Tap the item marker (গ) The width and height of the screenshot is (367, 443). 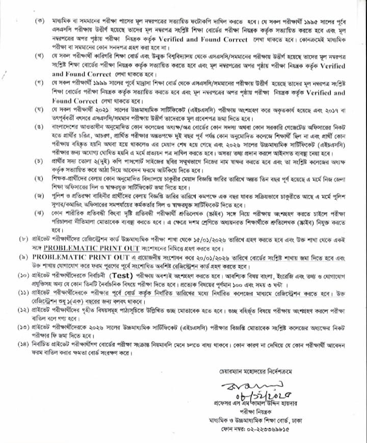pyautogui.click(x=39, y=82)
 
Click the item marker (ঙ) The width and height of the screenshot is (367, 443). pyautogui.click(x=39, y=125)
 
